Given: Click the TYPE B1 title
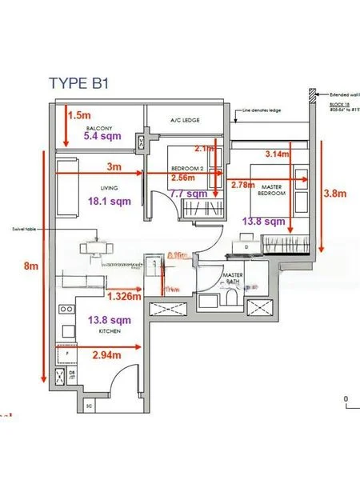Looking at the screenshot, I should pyautogui.click(x=84, y=83).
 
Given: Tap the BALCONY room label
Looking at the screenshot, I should pyautogui.click(x=105, y=127).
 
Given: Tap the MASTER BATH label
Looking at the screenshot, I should pyautogui.click(x=234, y=279).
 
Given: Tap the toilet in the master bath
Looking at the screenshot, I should pyautogui.click(x=234, y=298).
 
